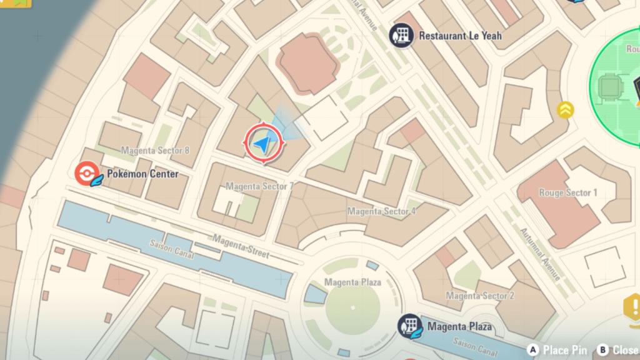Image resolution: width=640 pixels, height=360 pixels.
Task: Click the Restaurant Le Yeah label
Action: click(459, 36)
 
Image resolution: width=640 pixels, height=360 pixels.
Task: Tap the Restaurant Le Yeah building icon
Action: click(401, 36)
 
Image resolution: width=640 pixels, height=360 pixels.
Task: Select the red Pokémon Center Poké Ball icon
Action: click(86, 174)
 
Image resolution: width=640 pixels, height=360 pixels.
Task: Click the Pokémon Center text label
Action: click(142, 174)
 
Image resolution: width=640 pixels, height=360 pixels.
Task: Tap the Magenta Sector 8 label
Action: click(155, 151)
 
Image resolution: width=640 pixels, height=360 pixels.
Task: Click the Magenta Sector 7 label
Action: click(259, 186)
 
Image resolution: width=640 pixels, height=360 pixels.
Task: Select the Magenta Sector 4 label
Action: click(381, 211)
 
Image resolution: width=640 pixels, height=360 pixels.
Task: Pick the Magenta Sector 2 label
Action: click(480, 296)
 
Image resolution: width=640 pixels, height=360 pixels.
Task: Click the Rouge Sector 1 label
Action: click(568, 192)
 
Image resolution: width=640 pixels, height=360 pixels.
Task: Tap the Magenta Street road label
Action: click(241, 246)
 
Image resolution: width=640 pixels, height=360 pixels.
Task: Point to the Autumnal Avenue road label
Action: click(541, 254)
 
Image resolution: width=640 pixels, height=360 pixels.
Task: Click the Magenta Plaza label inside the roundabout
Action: click(352, 282)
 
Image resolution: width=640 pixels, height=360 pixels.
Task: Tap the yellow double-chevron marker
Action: click(566, 111)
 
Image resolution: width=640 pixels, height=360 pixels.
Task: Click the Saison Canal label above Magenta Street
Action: click(172, 250)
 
